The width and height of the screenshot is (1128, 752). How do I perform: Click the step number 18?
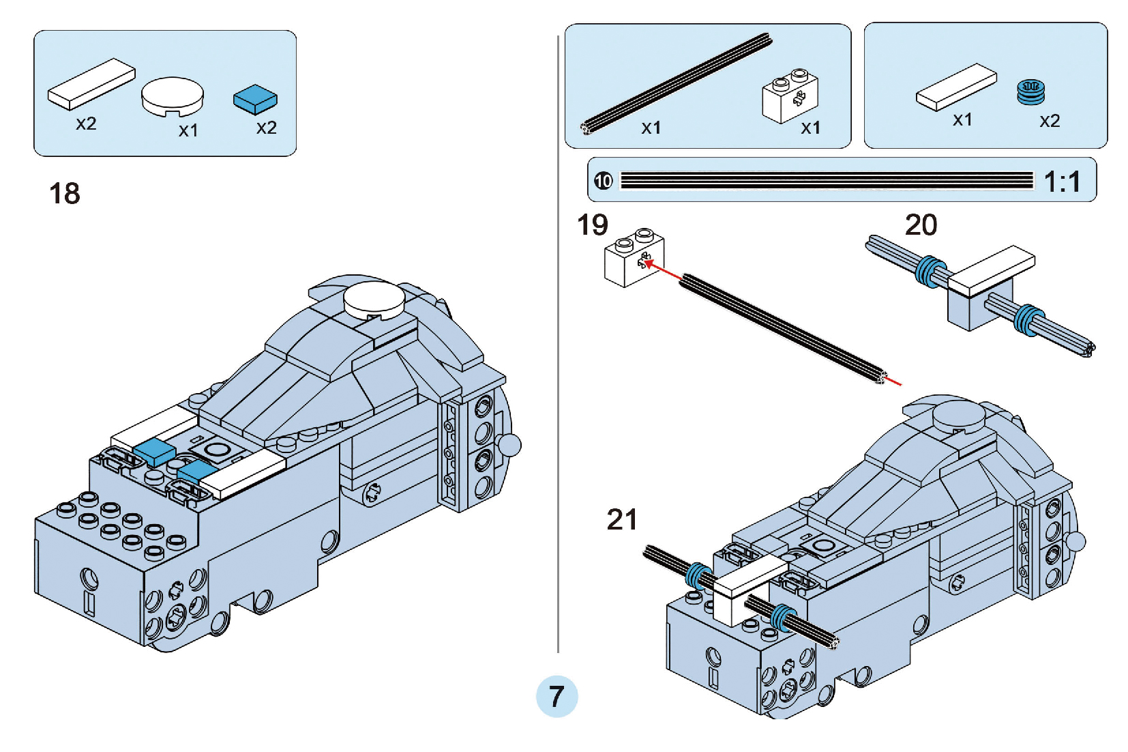tap(65, 194)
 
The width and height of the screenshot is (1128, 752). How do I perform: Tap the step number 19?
tap(592, 225)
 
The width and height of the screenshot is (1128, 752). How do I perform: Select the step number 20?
tap(921, 225)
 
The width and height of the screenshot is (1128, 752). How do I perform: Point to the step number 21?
tap(622, 520)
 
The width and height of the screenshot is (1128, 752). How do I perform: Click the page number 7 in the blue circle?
tap(556, 697)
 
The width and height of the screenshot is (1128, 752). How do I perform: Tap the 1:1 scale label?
tap(1062, 182)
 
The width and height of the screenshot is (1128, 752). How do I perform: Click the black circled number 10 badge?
tap(604, 181)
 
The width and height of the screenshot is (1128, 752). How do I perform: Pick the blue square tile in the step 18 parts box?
tap(255, 99)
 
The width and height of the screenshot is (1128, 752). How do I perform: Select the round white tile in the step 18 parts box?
tap(172, 96)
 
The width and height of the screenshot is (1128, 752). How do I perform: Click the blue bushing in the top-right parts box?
tap(1030, 92)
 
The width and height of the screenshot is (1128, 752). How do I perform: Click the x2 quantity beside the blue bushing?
tap(1050, 121)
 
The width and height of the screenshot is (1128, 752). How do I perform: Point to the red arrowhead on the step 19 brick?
tap(648, 262)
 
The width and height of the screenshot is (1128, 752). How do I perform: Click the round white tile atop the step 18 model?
tap(373, 300)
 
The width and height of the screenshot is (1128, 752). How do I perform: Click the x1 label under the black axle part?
tap(651, 128)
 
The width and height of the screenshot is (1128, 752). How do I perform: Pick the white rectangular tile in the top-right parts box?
tap(956, 87)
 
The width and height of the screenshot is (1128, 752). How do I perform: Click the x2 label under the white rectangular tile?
tap(86, 124)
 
